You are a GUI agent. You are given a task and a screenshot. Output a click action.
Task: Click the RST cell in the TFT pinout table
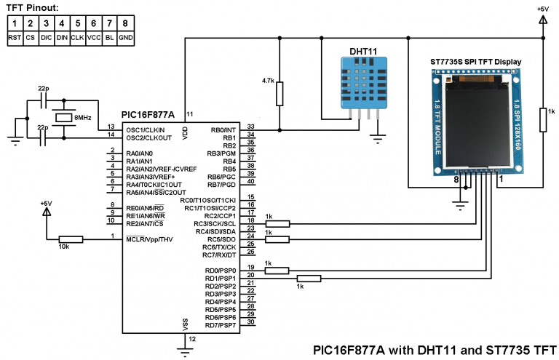pos(15,36)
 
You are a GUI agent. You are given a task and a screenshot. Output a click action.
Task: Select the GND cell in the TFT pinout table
pos(126,36)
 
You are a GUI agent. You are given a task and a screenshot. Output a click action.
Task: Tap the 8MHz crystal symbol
pos(63,116)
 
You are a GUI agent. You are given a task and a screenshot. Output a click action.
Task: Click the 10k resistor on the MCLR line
pos(71,238)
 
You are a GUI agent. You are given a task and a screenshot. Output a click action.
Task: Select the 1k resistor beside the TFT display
pos(542,120)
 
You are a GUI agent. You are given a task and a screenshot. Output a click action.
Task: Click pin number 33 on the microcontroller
pos(250,127)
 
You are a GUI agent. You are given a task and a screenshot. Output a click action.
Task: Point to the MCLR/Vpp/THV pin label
pos(149,239)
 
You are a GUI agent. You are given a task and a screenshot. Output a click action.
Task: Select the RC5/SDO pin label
pos(221,239)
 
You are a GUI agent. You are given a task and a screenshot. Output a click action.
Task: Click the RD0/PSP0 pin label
pos(221,271)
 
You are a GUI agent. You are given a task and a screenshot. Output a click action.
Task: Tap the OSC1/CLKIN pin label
pos(147,129)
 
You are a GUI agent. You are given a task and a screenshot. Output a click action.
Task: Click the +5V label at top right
pos(542,8)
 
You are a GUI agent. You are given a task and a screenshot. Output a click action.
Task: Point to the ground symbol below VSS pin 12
pos(184,353)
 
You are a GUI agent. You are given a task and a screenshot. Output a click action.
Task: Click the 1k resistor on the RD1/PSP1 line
pos(309,278)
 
